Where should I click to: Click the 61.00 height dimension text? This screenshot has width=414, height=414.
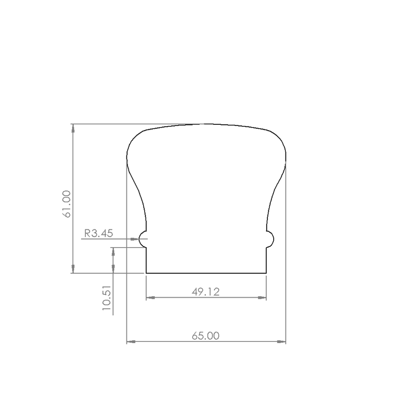click(66, 204)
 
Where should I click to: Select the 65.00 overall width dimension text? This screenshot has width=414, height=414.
click(205, 336)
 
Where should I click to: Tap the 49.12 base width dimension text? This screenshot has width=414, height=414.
click(205, 292)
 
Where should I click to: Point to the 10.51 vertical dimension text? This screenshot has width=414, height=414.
click(106, 297)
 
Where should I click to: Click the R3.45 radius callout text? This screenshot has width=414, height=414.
click(99, 234)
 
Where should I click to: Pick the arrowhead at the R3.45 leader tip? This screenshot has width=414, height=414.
click(135, 239)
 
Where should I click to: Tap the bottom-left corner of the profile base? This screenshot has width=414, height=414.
click(146, 273)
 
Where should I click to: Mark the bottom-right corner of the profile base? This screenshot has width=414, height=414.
click(266, 273)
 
